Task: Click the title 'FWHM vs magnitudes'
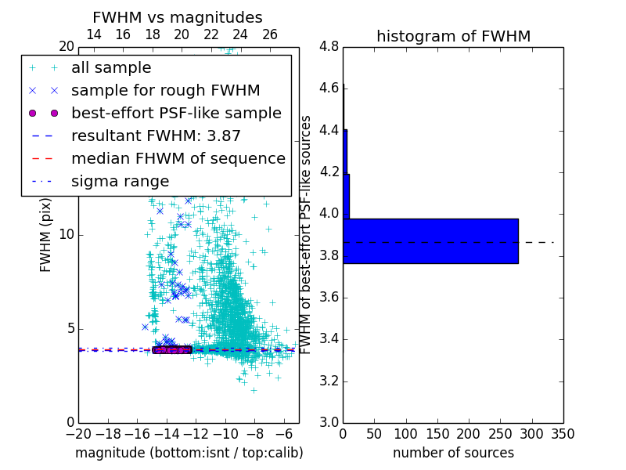tap(177, 18)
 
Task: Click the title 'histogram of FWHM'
tap(453, 37)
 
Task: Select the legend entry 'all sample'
tap(111, 68)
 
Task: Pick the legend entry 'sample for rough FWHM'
tap(165, 91)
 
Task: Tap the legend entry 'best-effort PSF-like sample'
tap(176, 114)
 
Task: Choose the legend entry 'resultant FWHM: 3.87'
tap(156, 136)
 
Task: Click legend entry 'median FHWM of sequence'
tap(178, 159)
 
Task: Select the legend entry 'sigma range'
tap(120, 182)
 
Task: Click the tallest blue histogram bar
tap(430, 240)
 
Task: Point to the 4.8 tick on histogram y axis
tap(329, 46)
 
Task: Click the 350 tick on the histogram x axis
tap(563, 433)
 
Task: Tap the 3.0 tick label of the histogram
tap(329, 422)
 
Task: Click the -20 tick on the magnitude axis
tap(78, 433)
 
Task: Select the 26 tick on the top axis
tap(270, 34)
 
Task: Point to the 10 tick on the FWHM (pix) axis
tap(66, 234)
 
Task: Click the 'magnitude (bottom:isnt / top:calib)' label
tap(189, 453)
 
